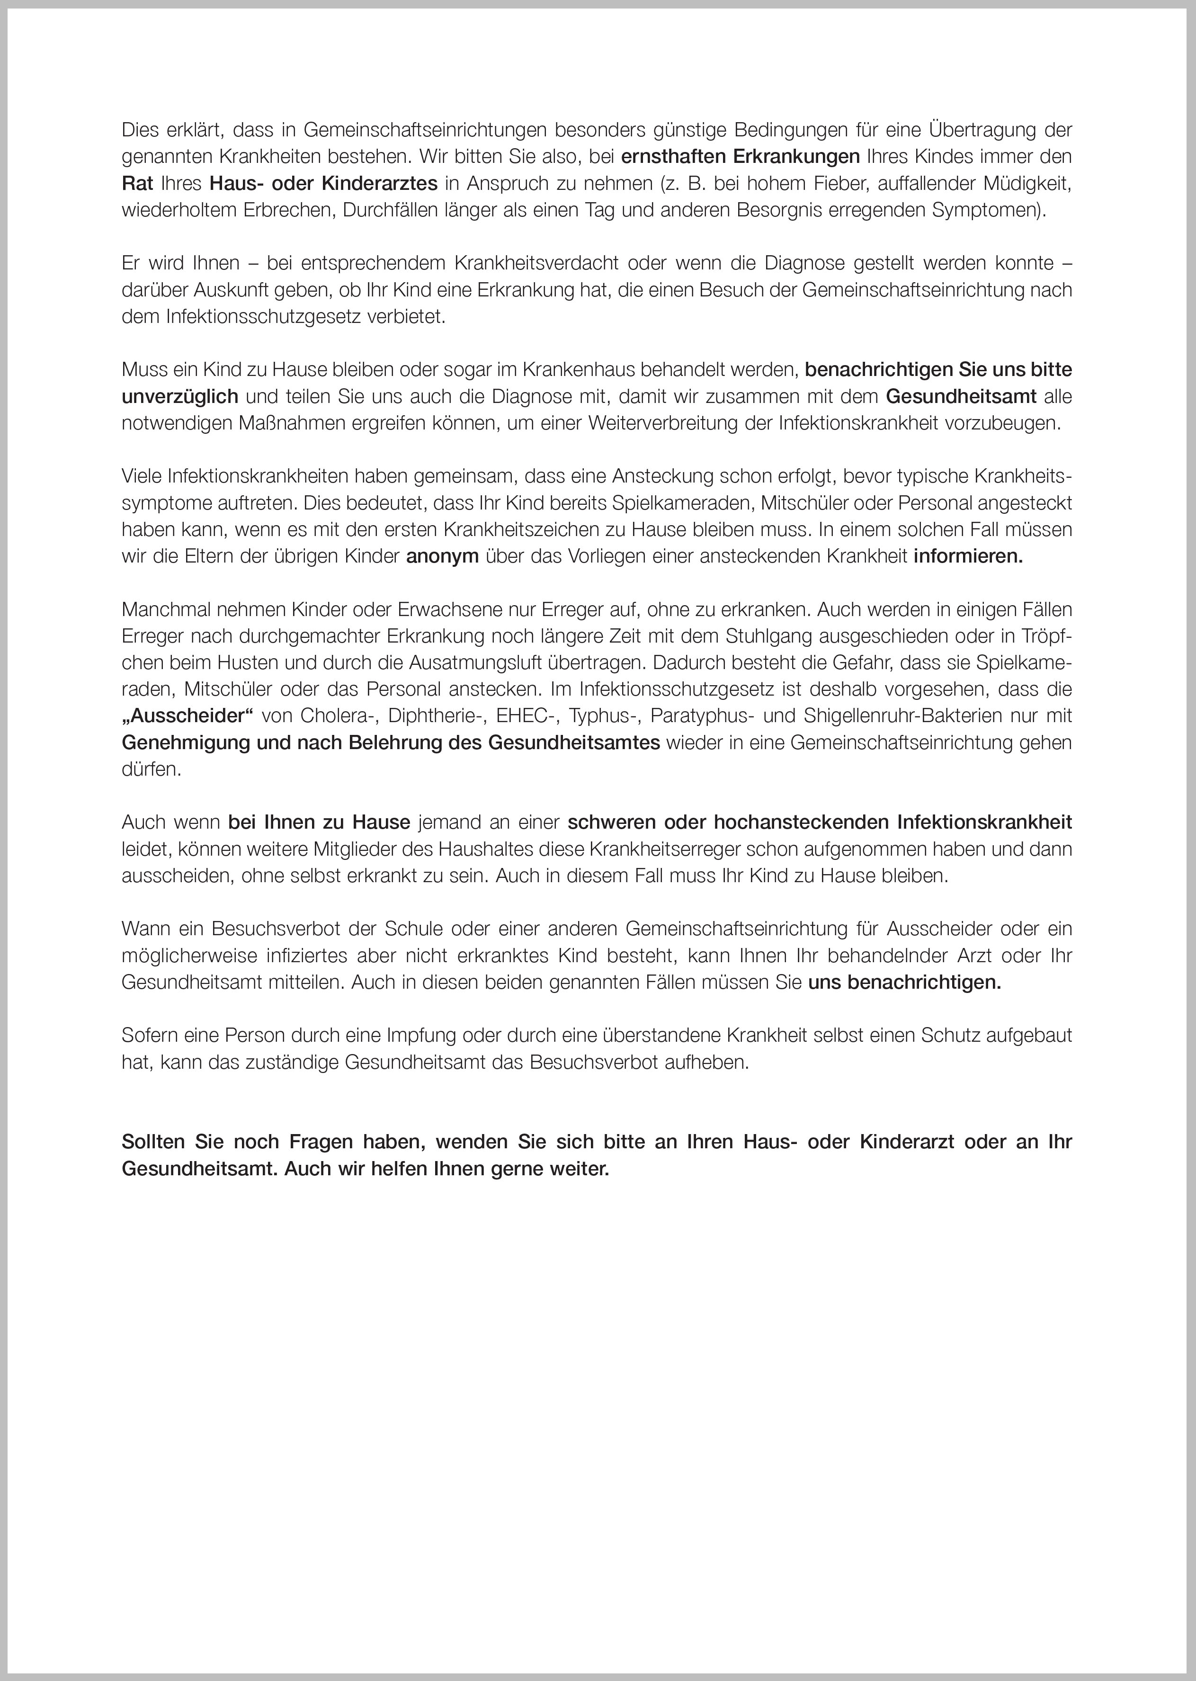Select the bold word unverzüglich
tap(180, 397)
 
